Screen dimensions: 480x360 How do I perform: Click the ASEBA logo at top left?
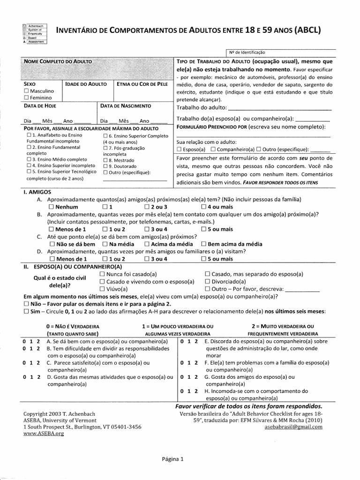click(33, 33)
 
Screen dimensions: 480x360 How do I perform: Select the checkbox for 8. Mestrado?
click(105, 160)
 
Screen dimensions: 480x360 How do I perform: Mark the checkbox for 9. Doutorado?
click(105, 166)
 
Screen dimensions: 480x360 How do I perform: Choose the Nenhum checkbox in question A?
click(52, 207)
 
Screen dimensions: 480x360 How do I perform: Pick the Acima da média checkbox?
click(147, 244)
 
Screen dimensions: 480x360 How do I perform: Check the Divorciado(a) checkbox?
click(208, 282)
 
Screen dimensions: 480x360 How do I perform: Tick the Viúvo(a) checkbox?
click(103, 289)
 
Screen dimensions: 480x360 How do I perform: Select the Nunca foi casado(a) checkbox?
click(103, 274)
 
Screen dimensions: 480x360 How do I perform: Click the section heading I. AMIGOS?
click(37, 192)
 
